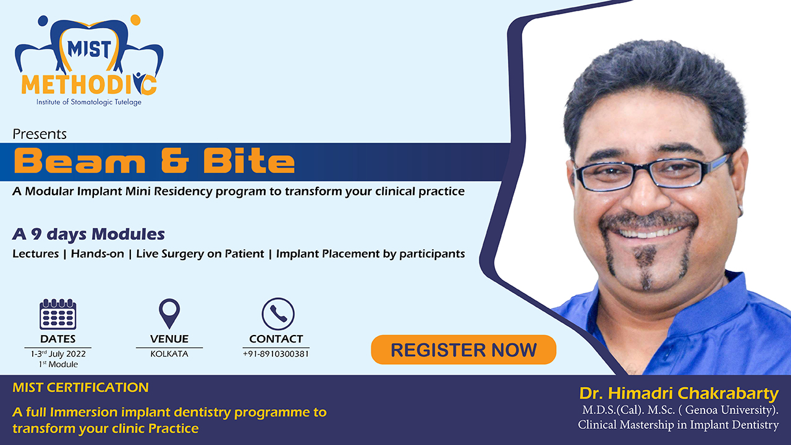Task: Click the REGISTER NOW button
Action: [463, 350]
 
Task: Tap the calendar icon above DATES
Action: [58, 314]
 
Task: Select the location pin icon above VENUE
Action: [169, 313]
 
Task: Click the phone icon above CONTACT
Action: [278, 314]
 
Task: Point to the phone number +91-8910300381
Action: [276, 354]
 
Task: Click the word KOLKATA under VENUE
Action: [169, 354]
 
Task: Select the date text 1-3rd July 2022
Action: [58, 354]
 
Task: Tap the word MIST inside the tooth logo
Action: [90, 49]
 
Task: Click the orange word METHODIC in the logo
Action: [89, 85]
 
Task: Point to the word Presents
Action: [40, 134]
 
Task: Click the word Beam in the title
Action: [80, 161]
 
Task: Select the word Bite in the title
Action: [248, 161]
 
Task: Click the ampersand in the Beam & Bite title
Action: [175, 161]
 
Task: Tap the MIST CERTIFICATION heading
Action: [80, 388]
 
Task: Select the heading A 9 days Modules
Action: [88, 234]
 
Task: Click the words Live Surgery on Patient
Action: [200, 254]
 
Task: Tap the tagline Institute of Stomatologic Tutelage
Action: [89, 102]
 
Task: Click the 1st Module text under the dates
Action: [58, 364]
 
